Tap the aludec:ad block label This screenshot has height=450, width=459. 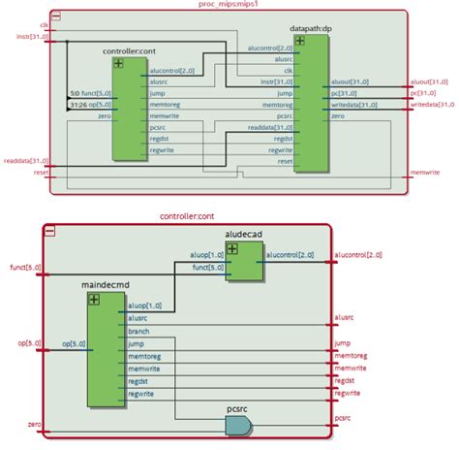pyautogui.click(x=244, y=236)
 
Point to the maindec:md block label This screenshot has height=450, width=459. pyautogui.click(x=106, y=285)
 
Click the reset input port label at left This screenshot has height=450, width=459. pyautogui.click(x=41, y=173)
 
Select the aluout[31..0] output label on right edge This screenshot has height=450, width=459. pyautogui.click(x=431, y=83)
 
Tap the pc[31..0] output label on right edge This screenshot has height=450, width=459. pyautogui.click(x=423, y=93)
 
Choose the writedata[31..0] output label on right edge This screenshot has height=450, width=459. pyautogui.click(x=433, y=104)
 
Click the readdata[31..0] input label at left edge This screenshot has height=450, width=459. pyautogui.click(x=25, y=161)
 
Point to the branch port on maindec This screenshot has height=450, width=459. pyautogui.click(x=138, y=330)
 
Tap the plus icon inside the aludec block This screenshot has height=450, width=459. pyautogui.click(x=233, y=249)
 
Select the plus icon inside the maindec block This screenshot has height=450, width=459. pyautogui.click(x=94, y=299)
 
